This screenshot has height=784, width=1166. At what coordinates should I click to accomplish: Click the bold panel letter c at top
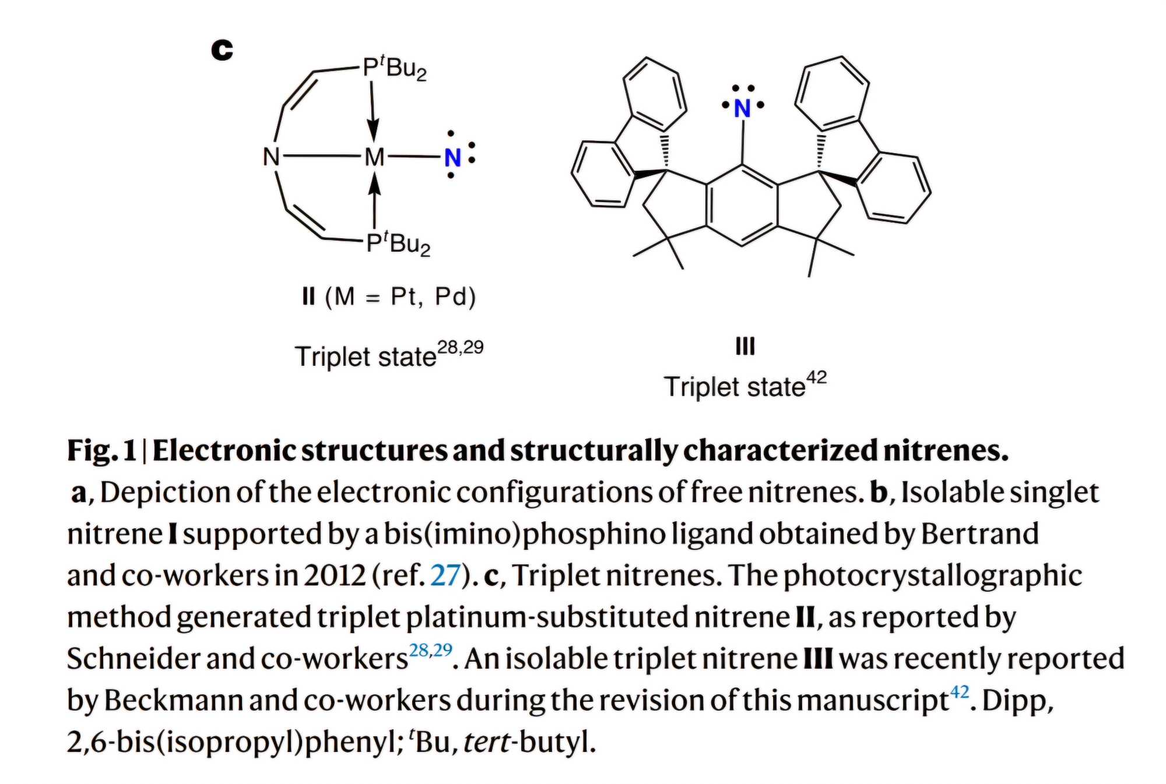(x=222, y=50)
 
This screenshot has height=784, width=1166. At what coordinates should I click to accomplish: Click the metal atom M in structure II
(x=374, y=157)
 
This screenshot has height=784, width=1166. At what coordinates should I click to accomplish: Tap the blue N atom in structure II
(x=452, y=158)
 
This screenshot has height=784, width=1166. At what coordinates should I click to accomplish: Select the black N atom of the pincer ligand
(x=271, y=157)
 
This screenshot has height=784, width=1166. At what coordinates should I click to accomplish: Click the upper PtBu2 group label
(x=395, y=68)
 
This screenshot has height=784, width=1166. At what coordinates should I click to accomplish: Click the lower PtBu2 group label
(x=398, y=243)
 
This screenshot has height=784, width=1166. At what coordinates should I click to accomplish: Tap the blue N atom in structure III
(x=742, y=109)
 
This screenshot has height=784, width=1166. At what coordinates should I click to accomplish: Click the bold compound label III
(x=745, y=347)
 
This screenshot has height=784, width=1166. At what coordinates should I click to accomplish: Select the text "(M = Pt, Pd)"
(x=401, y=297)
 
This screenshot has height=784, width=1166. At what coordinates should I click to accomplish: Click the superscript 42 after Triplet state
(x=816, y=378)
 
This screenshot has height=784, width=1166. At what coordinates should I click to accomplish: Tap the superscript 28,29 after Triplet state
(x=460, y=348)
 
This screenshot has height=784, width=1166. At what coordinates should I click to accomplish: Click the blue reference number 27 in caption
(x=445, y=575)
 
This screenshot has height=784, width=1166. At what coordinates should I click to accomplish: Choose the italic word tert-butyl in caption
(x=530, y=742)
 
